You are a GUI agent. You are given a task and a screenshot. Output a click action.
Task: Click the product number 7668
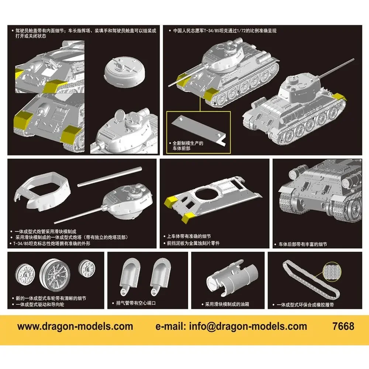[x=343, y=326]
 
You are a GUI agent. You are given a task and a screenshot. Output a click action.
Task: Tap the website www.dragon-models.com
[x=75, y=326]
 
